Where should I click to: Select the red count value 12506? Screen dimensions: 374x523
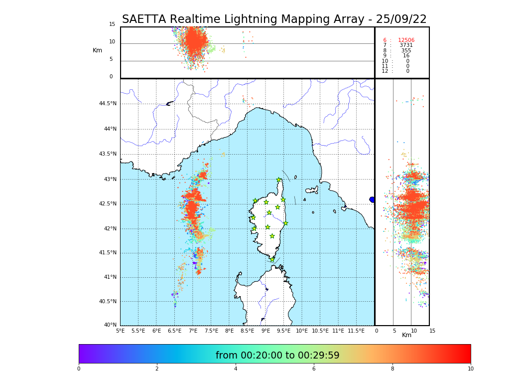tap(406, 40)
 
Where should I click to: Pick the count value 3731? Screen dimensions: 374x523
tap(406, 45)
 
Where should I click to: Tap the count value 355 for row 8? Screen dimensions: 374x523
tap(406, 50)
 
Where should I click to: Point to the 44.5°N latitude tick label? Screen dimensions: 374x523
tap(108, 104)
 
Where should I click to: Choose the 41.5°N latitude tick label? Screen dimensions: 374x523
tap(108, 253)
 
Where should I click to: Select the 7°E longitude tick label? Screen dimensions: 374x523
tap(193, 331)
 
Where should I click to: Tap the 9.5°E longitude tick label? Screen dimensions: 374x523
tap(283, 331)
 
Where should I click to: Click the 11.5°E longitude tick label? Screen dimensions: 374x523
tap(356, 331)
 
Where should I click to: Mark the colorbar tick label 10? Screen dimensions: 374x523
tap(470, 369)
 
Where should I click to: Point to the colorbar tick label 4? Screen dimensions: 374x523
tap(236, 369)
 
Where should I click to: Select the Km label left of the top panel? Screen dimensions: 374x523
tap(97, 50)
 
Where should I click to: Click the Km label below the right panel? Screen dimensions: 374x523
tap(406, 335)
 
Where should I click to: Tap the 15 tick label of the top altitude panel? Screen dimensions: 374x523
tap(112, 24)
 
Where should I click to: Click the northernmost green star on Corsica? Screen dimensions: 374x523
tap(279, 180)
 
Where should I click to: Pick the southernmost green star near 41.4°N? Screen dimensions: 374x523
tap(272, 259)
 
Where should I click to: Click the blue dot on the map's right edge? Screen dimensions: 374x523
tap(372, 199)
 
